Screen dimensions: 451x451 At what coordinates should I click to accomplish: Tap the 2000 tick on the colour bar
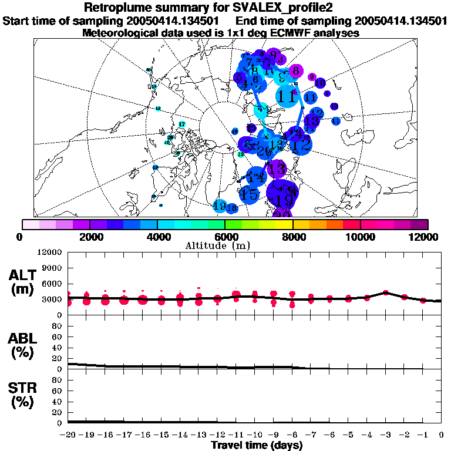click(90, 237)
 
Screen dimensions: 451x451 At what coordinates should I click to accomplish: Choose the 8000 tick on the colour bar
click(293, 237)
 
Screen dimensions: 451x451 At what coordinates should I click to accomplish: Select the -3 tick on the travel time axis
click(385, 435)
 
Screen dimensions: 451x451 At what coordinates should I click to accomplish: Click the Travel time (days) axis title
click(257, 446)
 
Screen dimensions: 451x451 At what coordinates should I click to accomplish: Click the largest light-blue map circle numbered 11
click(287, 95)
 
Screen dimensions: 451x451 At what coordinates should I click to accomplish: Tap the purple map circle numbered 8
click(296, 72)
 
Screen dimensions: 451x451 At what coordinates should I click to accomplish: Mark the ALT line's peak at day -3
click(385, 292)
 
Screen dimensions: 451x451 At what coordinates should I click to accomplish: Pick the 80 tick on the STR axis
click(57, 380)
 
